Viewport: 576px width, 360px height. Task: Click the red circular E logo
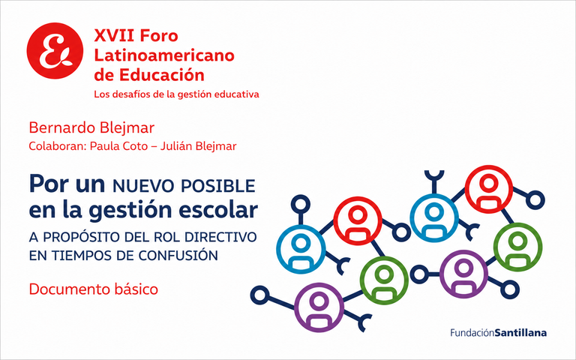pyautogui.click(x=55, y=51)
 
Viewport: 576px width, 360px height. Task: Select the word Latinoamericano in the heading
pyautogui.click(x=164, y=55)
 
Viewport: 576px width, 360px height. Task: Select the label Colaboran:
pyautogui.click(x=58, y=146)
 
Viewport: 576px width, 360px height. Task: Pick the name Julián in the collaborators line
pyautogui.click(x=175, y=146)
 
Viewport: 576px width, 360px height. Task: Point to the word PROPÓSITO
pyautogui.click(x=82, y=237)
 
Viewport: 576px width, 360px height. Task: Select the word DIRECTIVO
pyautogui.click(x=220, y=237)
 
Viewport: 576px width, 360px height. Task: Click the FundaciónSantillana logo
pyautogui.click(x=499, y=333)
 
